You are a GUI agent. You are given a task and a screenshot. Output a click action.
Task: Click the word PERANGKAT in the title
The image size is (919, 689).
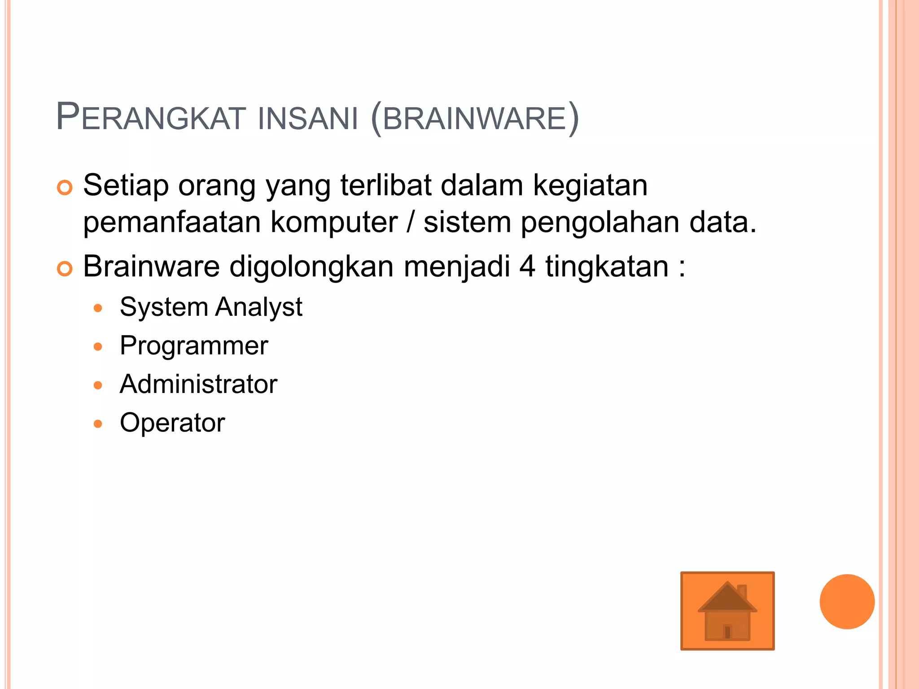click(x=151, y=118)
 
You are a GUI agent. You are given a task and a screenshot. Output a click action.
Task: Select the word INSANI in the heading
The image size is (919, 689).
click(x=308, y=119)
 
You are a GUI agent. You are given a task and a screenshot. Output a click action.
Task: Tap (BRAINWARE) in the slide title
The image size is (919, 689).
click(x=475, y=119)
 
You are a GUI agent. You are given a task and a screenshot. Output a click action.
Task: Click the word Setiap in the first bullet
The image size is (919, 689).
click(x=126, y=186)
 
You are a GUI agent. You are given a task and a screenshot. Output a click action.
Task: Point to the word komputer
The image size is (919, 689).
click(x=334, y=222)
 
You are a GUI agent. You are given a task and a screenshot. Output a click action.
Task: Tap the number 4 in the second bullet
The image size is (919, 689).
click(x=527, y=266)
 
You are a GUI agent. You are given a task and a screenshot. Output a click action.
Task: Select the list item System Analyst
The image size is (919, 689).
click(x=211, y=308)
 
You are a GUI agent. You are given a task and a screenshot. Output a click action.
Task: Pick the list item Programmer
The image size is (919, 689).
click(x=194, y=346)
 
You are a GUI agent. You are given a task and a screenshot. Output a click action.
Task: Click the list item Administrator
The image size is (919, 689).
click(x=198, y=384)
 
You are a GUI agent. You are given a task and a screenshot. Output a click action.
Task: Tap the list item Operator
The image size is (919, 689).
click(x=172, y=423)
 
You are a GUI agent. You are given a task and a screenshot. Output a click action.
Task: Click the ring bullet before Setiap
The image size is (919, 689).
click(x=65, y=188)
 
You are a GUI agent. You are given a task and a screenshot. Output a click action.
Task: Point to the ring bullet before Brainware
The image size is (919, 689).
click(x=65, y=269)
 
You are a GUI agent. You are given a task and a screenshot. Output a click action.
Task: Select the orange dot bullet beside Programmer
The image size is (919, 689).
click(x=98, y=347)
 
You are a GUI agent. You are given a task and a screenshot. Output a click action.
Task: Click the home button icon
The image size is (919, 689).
click(x=727, y=611)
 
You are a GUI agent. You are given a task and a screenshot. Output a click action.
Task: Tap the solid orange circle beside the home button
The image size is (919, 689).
click(x=847, y=602)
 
